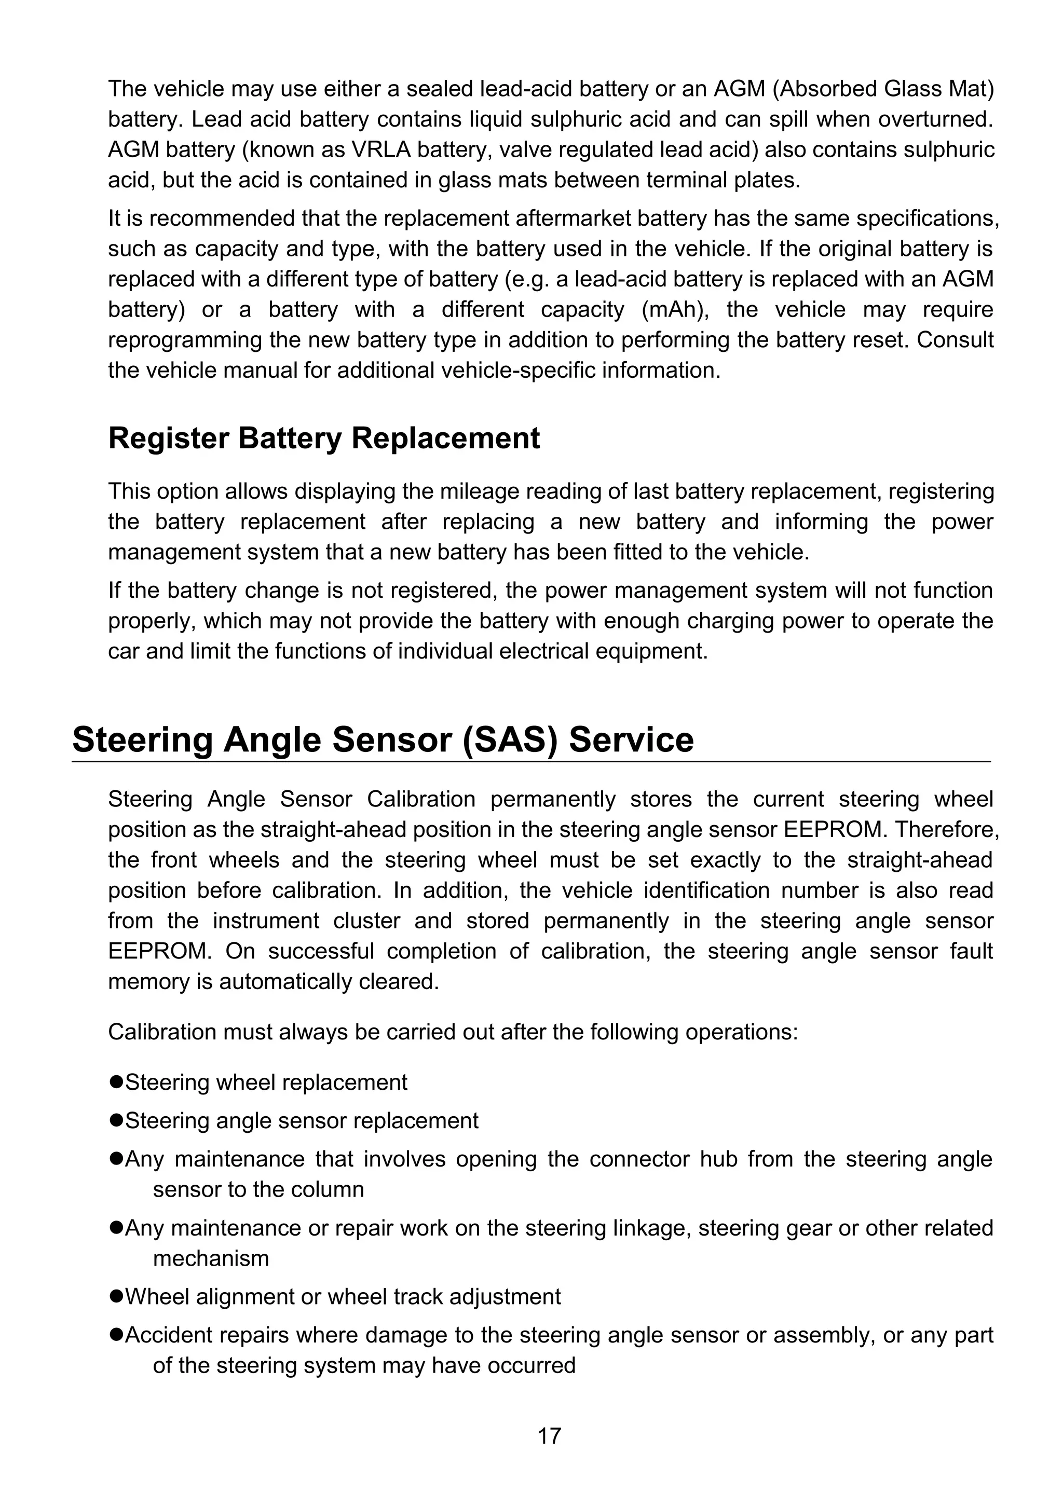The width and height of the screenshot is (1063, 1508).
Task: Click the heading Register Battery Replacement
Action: (323, 438)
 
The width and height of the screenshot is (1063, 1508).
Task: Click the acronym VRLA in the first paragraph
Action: (381, 150)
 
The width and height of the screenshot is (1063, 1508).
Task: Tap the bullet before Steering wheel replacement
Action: (116, 1082)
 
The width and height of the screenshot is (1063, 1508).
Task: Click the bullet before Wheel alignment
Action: (116, 1296)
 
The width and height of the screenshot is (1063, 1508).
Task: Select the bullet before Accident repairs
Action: (116, 1334)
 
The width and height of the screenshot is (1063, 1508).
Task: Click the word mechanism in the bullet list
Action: (210, 1258)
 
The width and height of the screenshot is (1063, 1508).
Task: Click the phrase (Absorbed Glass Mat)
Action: (883, 89)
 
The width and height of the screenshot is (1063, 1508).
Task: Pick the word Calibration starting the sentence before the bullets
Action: (161, 1031)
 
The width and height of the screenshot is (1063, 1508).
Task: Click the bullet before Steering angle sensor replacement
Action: (116, 1120)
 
